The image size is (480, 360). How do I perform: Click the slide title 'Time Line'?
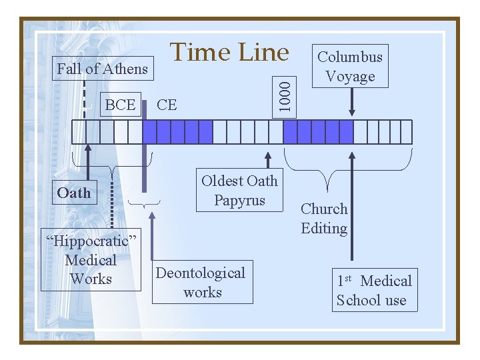(x=229, y=52)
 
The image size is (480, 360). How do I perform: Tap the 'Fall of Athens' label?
(x=102, y=69)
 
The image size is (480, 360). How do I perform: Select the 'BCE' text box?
(x=120, y=105)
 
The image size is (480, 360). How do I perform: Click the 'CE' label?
(x=167, y=105)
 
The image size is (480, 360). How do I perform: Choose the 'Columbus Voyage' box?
(x=350, y=66)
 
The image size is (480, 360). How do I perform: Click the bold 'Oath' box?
(x=73, y=193)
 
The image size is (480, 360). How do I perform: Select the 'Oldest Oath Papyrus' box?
(x=239, y=190)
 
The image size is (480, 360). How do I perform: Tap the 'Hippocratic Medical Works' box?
(x=91, y=260)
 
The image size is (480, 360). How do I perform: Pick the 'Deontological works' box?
(x=202, y=282)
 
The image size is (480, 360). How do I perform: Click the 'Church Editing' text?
(x=324, y=219)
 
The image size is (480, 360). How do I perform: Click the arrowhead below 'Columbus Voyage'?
(x=352, y=112)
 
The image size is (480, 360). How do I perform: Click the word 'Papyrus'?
(x=239, y=200)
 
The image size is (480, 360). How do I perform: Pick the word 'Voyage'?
(x=350, y=76)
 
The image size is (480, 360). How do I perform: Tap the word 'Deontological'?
(x=201, y=273)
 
